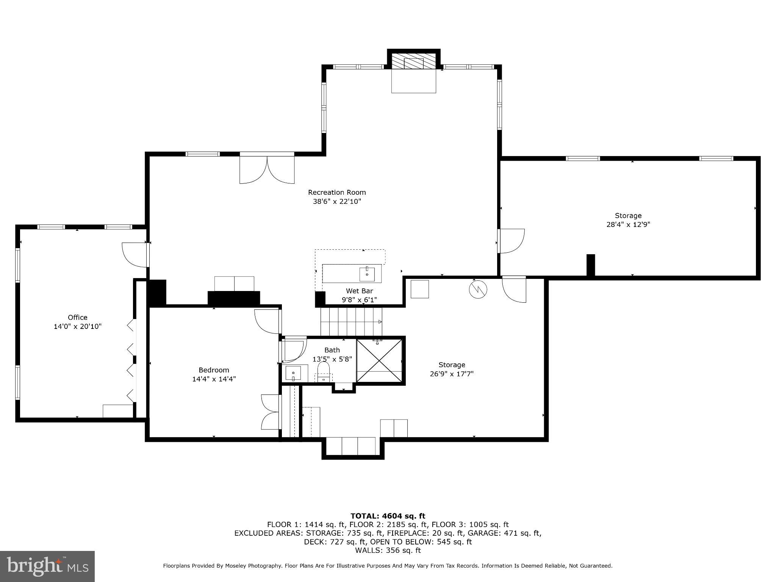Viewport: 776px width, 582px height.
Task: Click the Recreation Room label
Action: pos(336,192)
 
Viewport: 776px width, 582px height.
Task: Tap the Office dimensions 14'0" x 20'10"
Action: pos(78,326)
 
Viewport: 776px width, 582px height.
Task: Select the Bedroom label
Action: pos(214,370)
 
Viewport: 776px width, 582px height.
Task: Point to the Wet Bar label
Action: pos(359,291)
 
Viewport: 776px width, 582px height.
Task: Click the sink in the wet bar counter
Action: pos(367,274)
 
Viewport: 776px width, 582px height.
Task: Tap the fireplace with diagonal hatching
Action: pos(413,61)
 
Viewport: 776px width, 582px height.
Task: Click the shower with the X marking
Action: pos(379,360)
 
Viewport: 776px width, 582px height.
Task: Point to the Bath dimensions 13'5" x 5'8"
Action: pos(332,359)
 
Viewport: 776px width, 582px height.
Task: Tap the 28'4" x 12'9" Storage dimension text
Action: pos(628,224)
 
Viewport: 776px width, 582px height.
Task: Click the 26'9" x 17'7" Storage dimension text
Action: pos(452,374)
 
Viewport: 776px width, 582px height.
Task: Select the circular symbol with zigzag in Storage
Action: pos(478,289)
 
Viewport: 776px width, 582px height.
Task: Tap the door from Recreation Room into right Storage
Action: pos(512,241)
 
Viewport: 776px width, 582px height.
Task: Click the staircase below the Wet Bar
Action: pos(351,322)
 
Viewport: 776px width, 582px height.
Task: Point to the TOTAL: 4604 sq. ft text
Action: pos(388,516)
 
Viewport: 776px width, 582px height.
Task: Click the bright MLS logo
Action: pos(47,566)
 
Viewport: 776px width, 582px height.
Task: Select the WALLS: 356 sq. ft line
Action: pos(388,550)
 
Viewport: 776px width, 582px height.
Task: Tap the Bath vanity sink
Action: pos(293,373)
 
